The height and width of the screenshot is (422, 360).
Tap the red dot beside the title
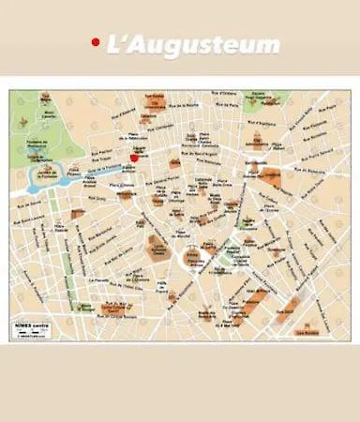95,42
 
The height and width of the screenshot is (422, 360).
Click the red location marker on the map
134,158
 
